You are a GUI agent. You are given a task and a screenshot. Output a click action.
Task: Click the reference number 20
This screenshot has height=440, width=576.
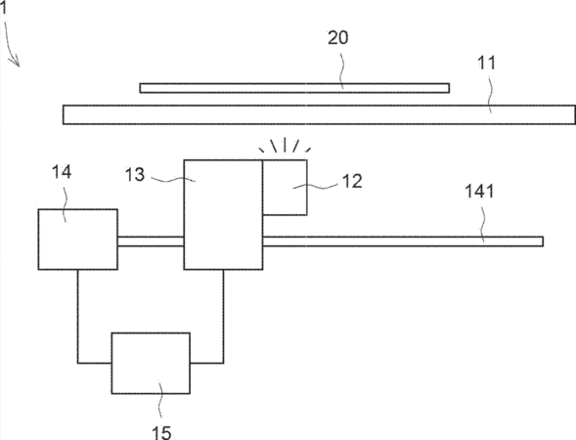[338, 38]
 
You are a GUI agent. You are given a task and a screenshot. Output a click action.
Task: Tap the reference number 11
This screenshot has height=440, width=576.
[486, 63]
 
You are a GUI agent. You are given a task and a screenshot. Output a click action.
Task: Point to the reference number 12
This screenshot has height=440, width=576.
[352, 181]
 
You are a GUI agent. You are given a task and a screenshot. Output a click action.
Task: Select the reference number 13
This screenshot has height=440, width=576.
[135, 175]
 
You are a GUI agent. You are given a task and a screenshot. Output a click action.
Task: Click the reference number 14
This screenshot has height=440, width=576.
[62, 172]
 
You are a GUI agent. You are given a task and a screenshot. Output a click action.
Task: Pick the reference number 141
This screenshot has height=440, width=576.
[479, 192]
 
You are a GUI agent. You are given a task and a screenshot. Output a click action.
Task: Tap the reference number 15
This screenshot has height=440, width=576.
[162, 432]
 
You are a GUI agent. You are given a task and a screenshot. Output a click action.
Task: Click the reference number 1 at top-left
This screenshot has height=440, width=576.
[3, 8]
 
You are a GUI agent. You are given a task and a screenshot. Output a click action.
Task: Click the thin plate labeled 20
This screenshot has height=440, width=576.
[294, 88]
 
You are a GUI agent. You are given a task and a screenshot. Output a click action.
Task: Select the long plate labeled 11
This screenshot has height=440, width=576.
[319, 115]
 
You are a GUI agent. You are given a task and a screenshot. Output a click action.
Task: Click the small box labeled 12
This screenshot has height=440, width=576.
[285, 188]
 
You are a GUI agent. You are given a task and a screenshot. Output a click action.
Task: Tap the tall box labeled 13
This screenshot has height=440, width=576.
[223, 215]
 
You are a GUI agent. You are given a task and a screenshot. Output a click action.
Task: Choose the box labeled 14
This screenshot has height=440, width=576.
[78, 240]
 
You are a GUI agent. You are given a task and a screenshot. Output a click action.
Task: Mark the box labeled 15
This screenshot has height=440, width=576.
[151, 363]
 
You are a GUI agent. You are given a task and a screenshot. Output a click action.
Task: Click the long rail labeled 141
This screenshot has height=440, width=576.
[403, 242]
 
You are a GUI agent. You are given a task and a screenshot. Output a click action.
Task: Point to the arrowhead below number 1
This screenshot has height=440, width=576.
[17, 63]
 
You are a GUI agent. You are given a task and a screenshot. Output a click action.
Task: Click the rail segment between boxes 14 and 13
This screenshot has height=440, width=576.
[151, 242]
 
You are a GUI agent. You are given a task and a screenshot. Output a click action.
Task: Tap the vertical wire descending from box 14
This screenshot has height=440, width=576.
[77, 316]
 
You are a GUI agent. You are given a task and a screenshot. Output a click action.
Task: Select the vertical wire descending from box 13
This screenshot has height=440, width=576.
[223, 316]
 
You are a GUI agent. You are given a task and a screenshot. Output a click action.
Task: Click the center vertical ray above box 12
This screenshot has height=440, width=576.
[285, 145]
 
